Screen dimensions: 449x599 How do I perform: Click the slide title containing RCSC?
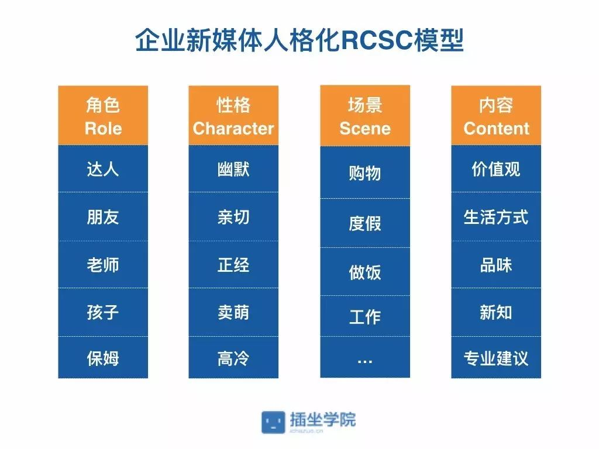click(299, 41)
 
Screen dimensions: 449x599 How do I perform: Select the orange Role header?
click(103, 116)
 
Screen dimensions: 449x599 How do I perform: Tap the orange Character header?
click(233, 116)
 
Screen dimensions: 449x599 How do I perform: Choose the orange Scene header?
click(365, 116)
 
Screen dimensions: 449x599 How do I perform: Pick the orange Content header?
click(496, 116)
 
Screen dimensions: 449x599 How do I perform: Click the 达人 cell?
click(103, 169)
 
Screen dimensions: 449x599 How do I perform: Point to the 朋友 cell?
click(103, 217)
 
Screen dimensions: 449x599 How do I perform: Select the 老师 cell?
click(103, 264)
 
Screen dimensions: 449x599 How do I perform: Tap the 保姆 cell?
click(103, 358)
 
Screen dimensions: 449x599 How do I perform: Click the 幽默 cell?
click(233, 169)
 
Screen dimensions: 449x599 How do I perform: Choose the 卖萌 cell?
click(233, 312)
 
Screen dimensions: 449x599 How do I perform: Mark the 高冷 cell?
click(233, 358)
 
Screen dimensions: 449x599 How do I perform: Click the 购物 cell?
click(365, 173)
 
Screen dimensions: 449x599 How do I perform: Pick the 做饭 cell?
click(365, 272)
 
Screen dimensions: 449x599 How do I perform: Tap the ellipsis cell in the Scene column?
click(365, 359)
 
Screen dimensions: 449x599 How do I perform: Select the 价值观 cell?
click(496, 169)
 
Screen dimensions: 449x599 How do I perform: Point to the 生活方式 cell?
click(496, 217)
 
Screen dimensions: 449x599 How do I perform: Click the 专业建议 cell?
click(496, 358)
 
